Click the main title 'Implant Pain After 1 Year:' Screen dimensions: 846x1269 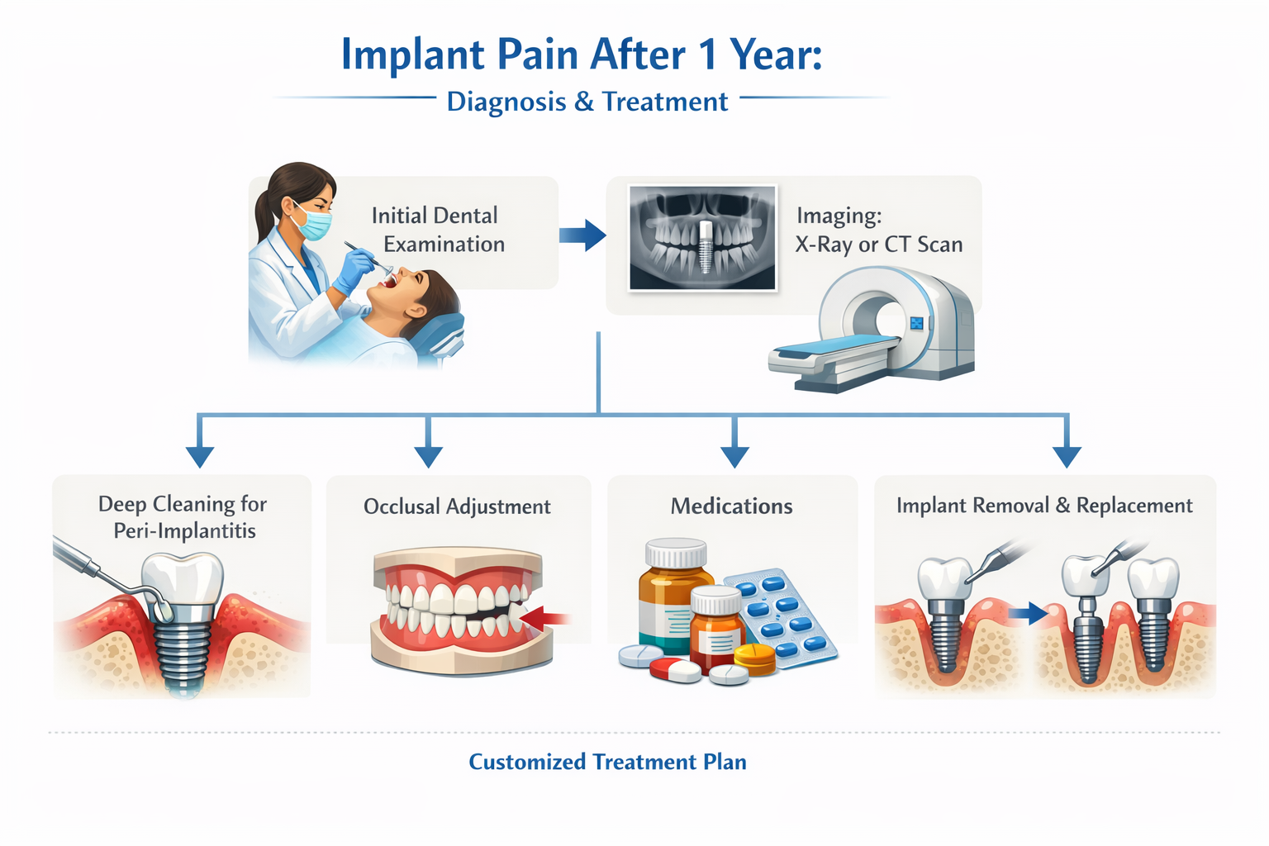(x=582, y=55)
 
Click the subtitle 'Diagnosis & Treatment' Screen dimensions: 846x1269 (x=587, y=102)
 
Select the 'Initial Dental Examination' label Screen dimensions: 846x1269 (x=438, y=230)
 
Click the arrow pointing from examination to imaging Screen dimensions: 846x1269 (x=583, y=235)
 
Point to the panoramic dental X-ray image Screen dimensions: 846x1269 (x=702, y=237)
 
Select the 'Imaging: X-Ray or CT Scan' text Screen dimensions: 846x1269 (x=878, y=231)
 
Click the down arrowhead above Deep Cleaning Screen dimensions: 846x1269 (x=200, y=456)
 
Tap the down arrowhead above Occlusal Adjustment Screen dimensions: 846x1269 (x=428, y=456)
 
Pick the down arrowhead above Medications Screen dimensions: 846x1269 (x=734, y=456)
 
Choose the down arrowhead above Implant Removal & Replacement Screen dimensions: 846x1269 (x=1067, y=456)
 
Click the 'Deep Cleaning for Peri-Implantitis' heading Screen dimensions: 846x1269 (x=183, y=516)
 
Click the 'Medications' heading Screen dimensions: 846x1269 (x=731, y=506)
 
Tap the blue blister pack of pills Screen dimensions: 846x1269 (x=782, y=615)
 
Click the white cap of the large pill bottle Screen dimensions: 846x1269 (x=677, y=553)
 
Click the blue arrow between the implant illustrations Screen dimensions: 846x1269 (x=1028, y=613)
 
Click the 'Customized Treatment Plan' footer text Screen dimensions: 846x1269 (x=607, y=762)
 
